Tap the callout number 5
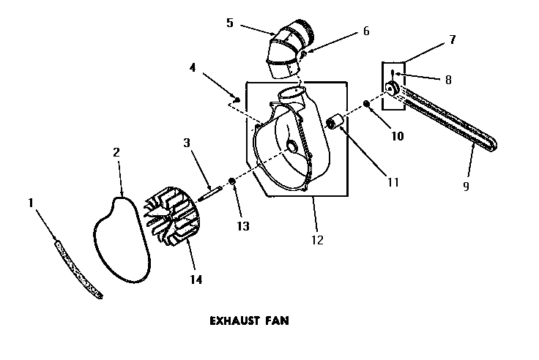pos(229,23)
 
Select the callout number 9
pos(466,186)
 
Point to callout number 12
pos(316,239)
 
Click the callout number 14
pos(196,279)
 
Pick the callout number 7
pos(452,40)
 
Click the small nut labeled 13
pos(231,181)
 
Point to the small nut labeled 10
pos(366,105)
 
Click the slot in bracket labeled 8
pos(393,72)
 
